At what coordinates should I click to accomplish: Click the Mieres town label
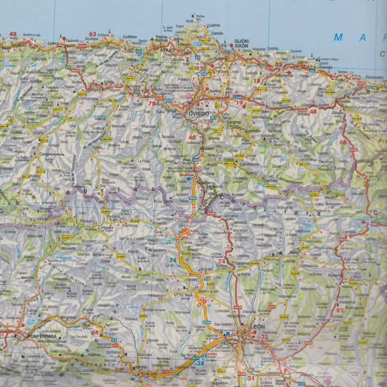[215, 137]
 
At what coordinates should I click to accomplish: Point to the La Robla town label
[244, 274]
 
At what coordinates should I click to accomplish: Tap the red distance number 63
[92, 34]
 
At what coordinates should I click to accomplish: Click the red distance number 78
[152, 103]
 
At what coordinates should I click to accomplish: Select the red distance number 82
[340, 310]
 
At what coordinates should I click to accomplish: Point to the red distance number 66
[343, 143]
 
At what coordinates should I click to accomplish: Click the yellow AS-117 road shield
[304, 164]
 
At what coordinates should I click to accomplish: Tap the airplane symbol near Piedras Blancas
[153, 38]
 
